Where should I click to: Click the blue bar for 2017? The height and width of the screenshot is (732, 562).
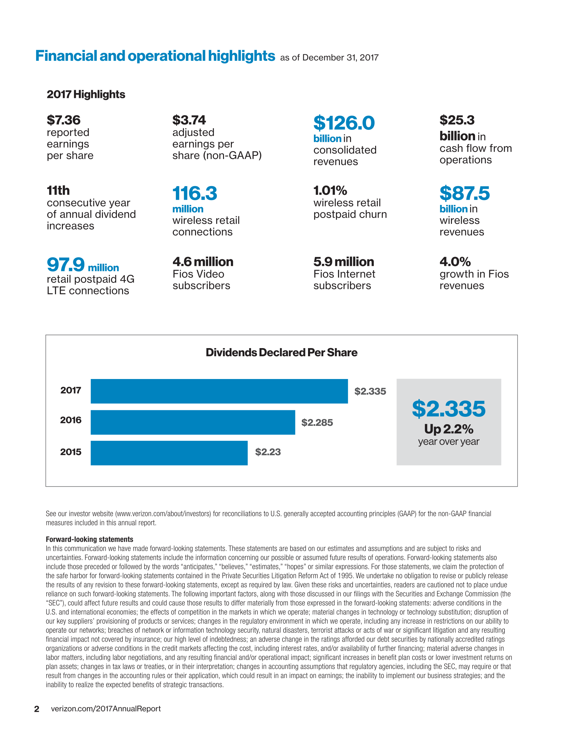[219, 391]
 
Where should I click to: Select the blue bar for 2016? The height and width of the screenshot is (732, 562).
[193, 422]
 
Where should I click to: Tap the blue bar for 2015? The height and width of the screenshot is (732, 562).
[169, 453]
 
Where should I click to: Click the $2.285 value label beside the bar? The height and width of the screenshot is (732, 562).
[317, 423]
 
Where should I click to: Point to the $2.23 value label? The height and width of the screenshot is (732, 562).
[268, 452]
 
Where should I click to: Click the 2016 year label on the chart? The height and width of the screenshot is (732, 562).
[71, 420]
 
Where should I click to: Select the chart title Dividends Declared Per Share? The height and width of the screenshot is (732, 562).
[281, 352]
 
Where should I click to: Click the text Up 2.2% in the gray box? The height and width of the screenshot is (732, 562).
[449, 429]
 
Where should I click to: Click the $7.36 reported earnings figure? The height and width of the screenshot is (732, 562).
[63, 120]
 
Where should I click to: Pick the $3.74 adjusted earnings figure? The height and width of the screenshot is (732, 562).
[189, 120]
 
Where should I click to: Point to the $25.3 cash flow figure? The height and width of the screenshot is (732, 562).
[457, 120]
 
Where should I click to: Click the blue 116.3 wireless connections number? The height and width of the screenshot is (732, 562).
[195, 193]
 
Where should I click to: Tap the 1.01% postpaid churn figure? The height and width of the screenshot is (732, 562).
[330, 191]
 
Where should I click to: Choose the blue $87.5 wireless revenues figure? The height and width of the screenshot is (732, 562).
[465, 193]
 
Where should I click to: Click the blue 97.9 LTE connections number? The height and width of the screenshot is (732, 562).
[65, 264]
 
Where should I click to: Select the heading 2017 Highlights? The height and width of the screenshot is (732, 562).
[86, 94]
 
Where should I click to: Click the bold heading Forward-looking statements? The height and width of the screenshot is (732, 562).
[89, 539]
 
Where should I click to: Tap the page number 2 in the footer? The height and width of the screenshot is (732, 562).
[37, 709]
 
